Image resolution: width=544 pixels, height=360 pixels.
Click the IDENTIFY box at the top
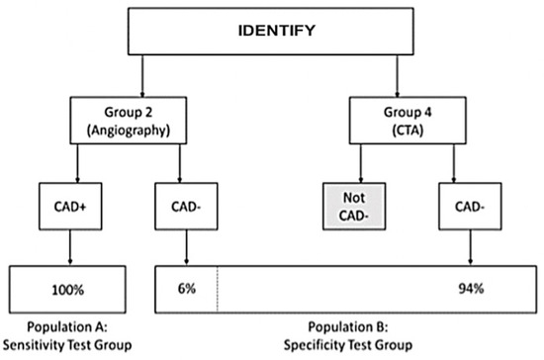[276, 31]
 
